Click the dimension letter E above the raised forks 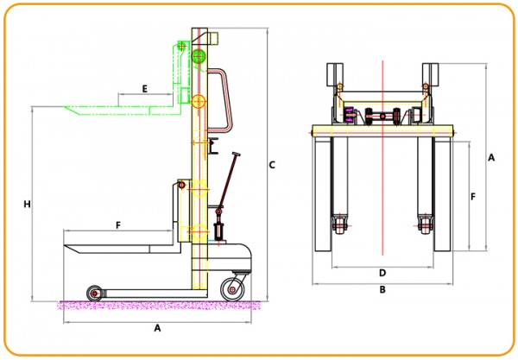[x=143, y=89]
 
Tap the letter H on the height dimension [x=28, y=205]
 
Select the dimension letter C [x=271, y=164]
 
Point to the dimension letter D [x=382, y=273]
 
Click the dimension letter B [x=382, y=290]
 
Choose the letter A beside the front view [x=491, y=158]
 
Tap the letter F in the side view [x=117, y=224]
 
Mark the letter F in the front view [x=473, y=197]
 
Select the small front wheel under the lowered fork [x=93, y=294]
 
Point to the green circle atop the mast [x=199, y=57]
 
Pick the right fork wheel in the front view [x=425, y=228]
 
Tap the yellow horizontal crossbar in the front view [x=382, y=131]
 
